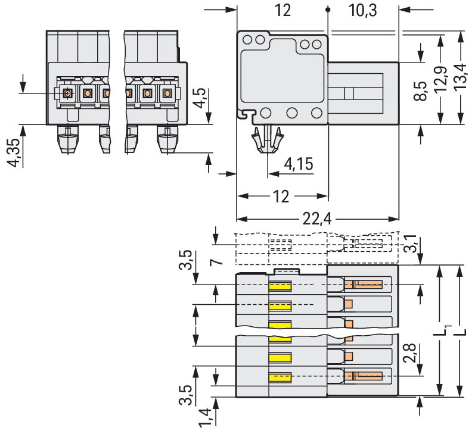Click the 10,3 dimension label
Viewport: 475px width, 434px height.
tap(363, 10)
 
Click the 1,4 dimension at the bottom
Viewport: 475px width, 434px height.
tap(204, 417)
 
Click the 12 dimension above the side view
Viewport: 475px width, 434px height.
tap(282, 10)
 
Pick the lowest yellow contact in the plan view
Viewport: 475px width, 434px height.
tap(280, 377)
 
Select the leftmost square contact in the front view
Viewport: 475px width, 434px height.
tap(67, 93)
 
